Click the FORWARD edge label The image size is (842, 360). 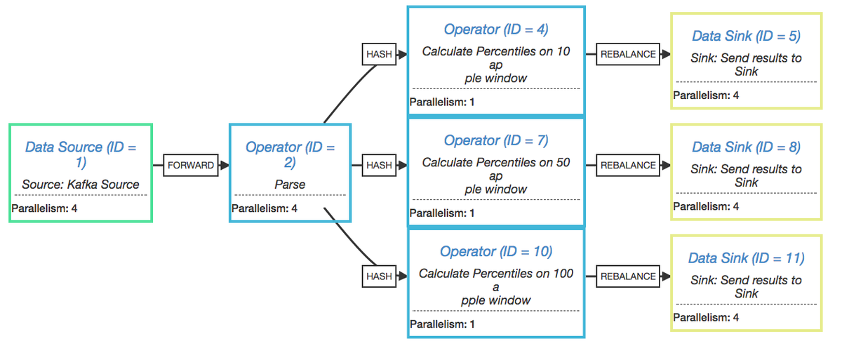190,166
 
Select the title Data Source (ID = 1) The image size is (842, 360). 80,154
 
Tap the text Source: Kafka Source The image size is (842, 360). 80,185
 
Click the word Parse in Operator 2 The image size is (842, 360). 289,185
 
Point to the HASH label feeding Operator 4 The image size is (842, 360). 379,54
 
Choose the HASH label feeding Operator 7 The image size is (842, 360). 379,166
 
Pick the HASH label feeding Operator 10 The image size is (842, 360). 379,276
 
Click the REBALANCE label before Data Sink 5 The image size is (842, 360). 628,54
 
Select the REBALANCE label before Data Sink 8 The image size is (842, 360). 628,166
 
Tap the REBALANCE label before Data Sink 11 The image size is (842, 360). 628,276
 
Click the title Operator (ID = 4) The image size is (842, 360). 495,29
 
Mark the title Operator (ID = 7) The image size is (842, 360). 495,140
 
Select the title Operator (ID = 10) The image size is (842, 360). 495,251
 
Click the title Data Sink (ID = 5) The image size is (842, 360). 746,36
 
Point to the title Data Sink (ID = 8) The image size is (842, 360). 746,147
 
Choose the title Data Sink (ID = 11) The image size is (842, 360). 746,258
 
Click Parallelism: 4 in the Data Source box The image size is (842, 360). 44,208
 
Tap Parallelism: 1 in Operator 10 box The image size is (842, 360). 442,324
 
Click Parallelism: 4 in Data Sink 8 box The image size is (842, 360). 706,206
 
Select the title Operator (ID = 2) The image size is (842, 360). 289,154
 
